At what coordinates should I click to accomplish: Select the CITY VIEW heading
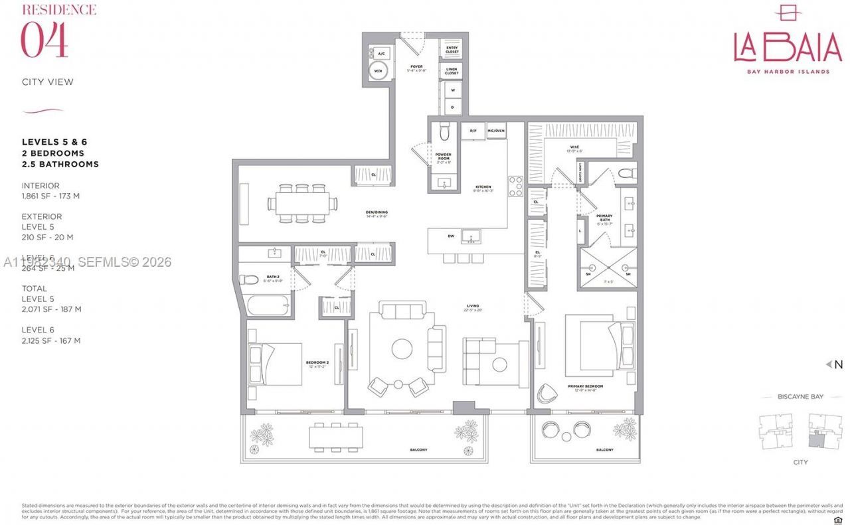click(x=48, y=82)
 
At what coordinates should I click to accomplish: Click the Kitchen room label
click(x=482, y=187)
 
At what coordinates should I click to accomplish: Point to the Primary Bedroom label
click(x=585, y=386)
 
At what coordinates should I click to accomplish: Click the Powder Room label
click(x=443, y=157)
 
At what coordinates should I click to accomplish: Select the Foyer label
click(x=416, y=68)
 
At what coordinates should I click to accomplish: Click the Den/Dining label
click(x=376, y=212)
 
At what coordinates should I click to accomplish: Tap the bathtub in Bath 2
click(x=268, y=306)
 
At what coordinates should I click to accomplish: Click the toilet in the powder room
click(x=444, y=133)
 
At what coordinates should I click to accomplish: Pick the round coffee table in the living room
click(x=402, y=349)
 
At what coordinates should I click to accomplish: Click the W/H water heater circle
click(x=379, y=71)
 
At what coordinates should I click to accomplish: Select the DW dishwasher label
click(x=451, y=236)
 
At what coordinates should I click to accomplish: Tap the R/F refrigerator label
click(x=473, y=131)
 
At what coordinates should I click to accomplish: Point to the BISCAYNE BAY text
click(x=800, y=397)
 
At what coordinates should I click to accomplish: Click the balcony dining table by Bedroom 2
click(x=335, y=437)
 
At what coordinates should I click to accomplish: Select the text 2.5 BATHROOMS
click(x=60, y=164)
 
